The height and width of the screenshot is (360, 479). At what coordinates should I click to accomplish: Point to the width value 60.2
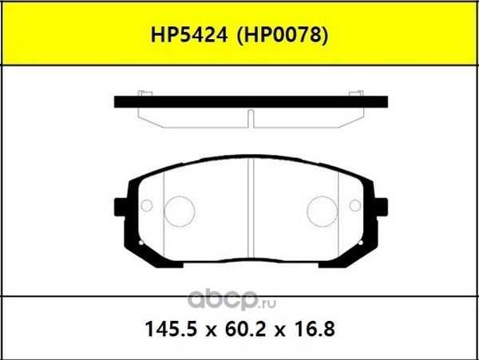[239, 327]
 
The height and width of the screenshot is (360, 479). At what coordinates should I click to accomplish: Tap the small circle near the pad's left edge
[146, 207]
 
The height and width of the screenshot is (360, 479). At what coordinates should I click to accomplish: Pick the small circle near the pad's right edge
[356, 207]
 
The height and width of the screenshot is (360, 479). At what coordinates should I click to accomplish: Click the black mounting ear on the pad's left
[121, 206]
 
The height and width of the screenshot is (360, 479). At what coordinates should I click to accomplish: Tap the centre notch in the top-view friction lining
[251, 118]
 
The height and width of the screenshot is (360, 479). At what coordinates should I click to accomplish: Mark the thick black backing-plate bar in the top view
[251, 102]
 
